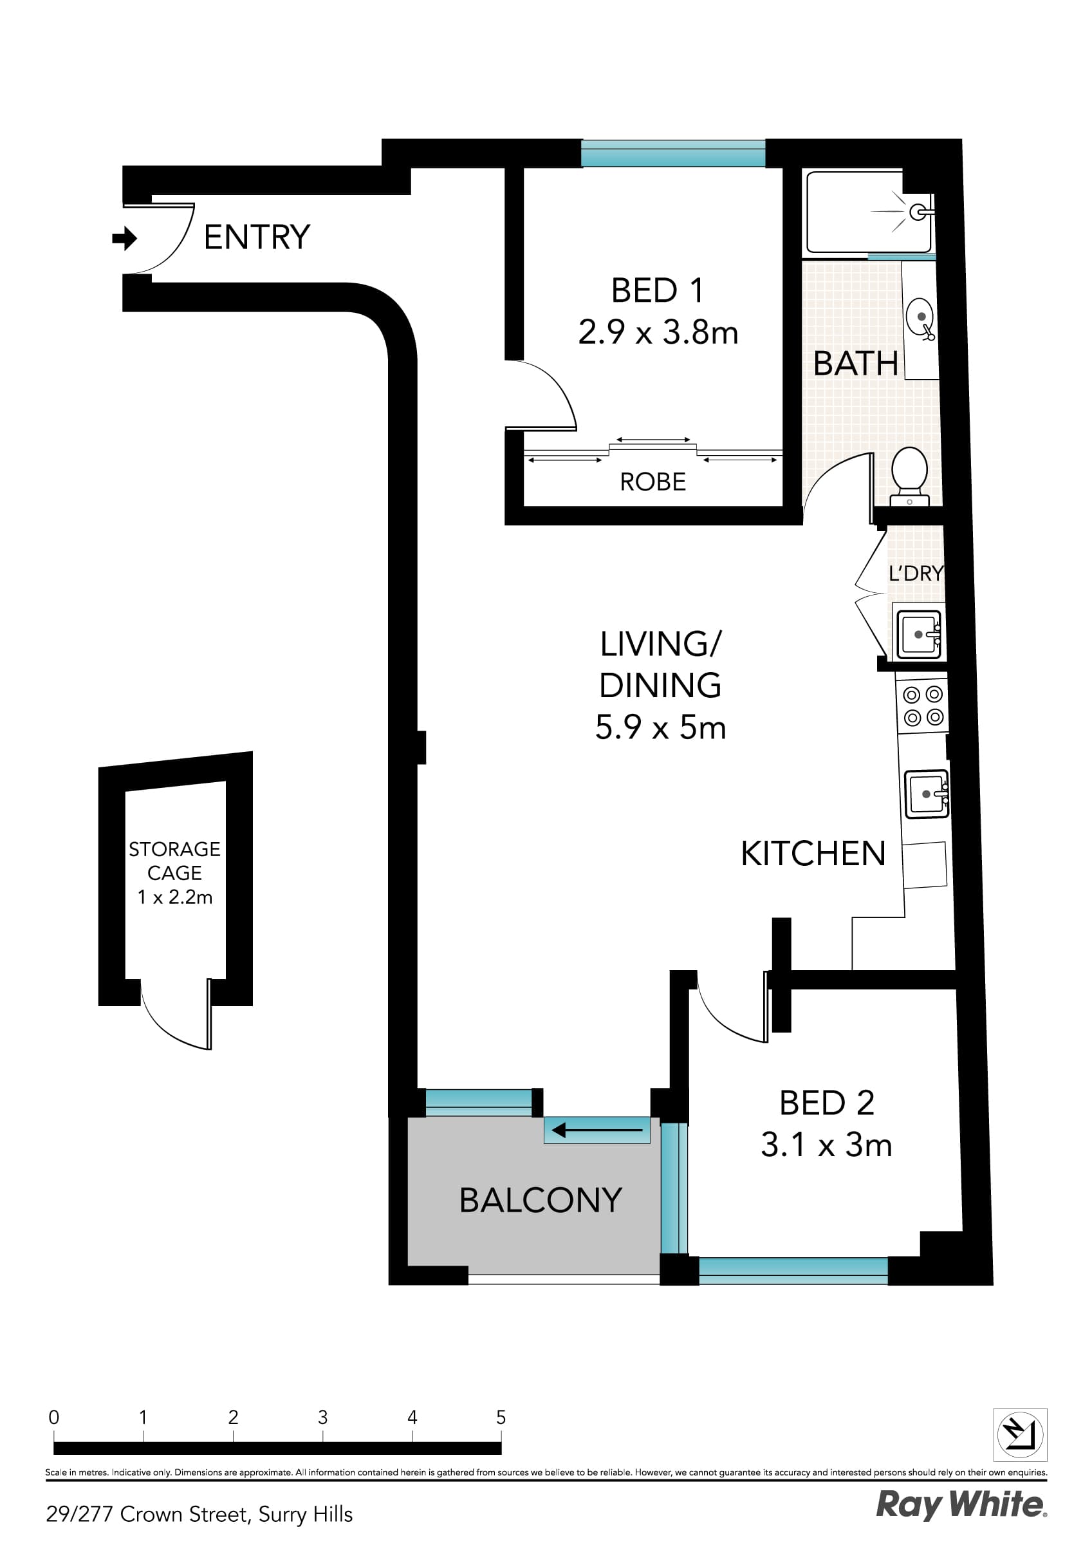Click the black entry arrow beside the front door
click(124, 238)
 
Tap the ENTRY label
click(256, 238)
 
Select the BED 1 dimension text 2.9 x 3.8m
click(658, 332)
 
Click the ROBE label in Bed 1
click(652, 482)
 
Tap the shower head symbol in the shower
click(917, 212)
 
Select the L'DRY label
click(916, 574)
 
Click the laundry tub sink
click(918, 634)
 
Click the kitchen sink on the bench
click(927, 794)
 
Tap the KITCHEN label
click(812, 854)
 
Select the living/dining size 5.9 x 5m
click(660, 727)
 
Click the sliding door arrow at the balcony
click(596, 1130)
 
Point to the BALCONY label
click(541, 1201)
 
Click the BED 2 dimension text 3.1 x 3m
click(826, 1145)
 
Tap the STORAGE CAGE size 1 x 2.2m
click(175, 897)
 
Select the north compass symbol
click(1019, 1434)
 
